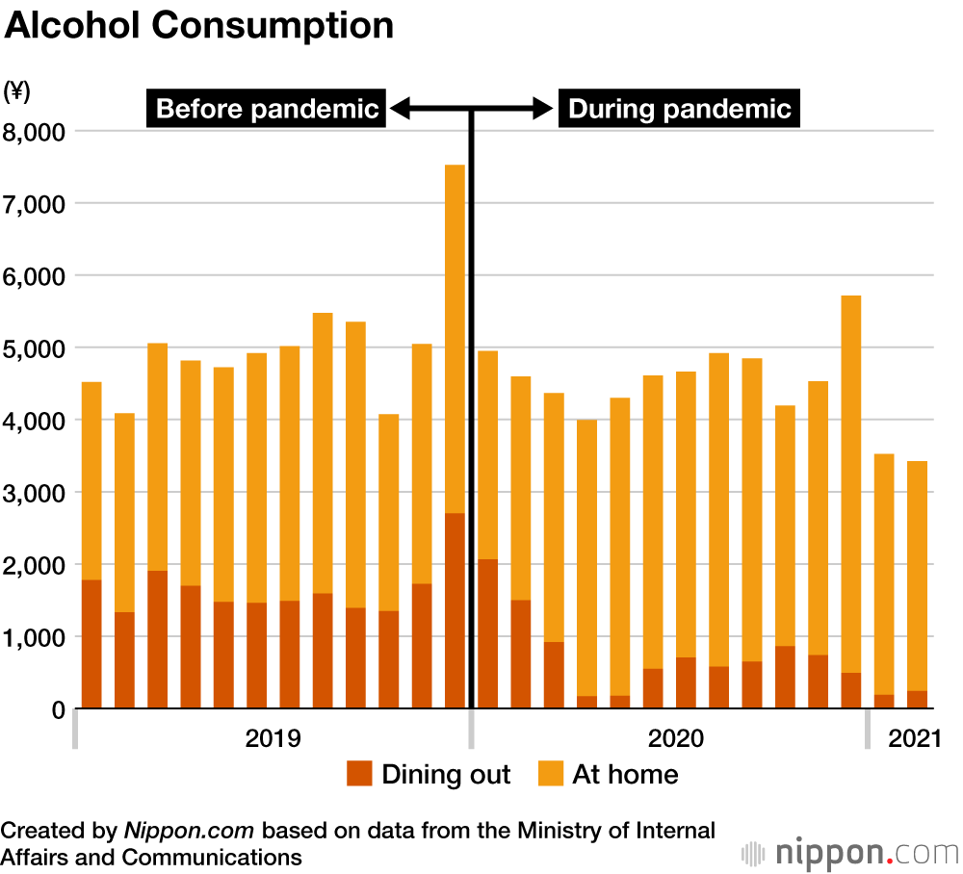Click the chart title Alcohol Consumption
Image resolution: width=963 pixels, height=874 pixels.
(x=199, y=26)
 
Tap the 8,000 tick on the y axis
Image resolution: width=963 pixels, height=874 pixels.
(x=35, y=131)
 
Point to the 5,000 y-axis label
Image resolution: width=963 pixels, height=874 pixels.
(x=35, y=347)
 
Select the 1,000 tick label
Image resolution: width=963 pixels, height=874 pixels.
(x=35, y=637)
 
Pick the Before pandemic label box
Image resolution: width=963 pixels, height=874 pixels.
(x=267, y=109)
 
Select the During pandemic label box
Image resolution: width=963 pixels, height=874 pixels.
(x=680, y=109)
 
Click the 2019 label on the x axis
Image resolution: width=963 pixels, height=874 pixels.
(x=273, y=739)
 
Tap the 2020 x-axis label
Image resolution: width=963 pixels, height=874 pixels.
(x=675, y=739)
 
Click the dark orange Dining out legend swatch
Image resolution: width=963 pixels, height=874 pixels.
(x=359, y=773)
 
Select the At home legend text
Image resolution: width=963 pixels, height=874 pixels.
(x=625, y=774)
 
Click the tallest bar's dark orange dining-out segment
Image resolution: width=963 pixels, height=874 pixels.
(x=455, y=611)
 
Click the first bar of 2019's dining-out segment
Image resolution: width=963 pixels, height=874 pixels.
(x=91, y=644)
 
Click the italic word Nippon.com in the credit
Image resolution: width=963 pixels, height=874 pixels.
(x=190, y=831)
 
